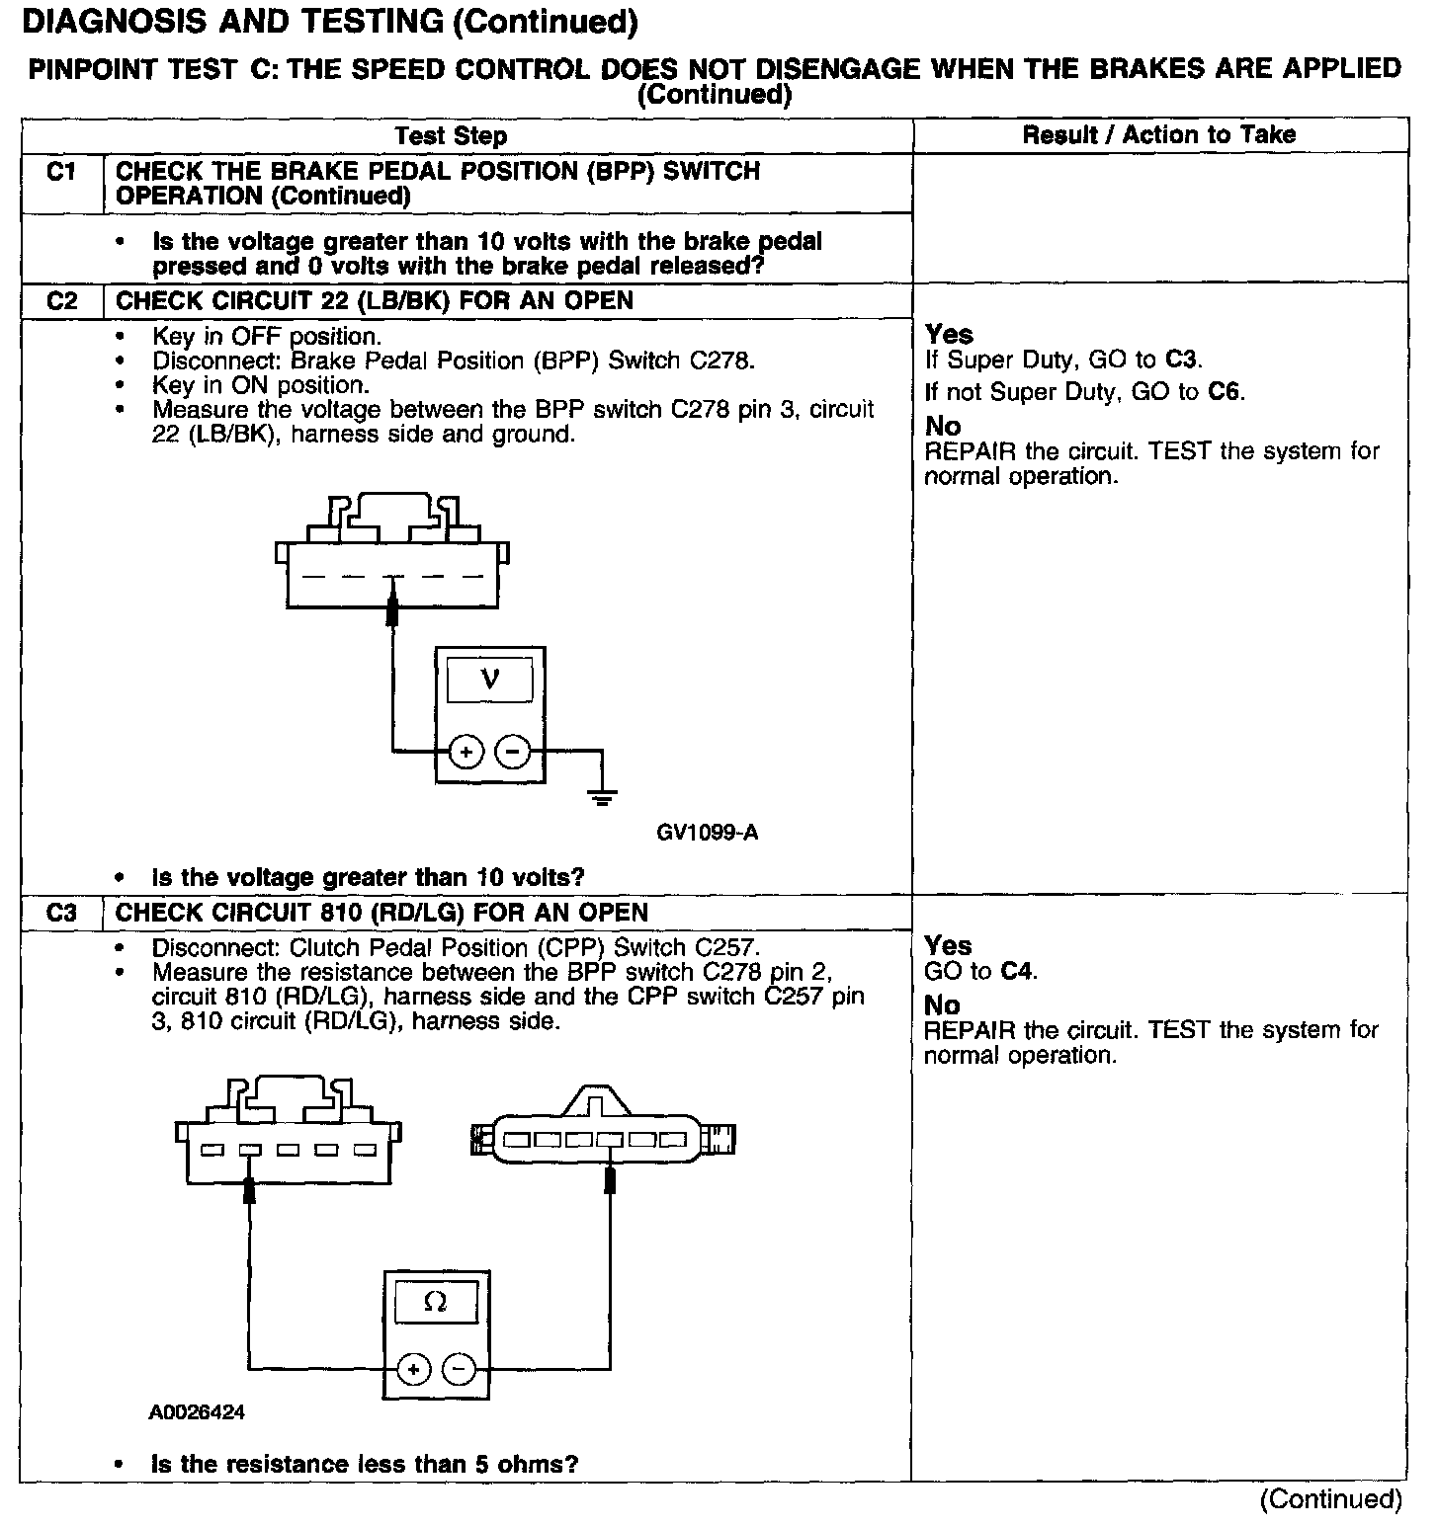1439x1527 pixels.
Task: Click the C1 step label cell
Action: [61, 173]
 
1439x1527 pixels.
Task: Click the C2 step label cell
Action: [61, 301]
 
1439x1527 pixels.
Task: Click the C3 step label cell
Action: [61, 913]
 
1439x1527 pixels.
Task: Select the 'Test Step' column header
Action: [451, 136]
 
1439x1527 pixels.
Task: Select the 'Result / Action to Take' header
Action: [1158, 135]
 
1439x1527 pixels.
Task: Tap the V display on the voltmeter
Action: [489, 680]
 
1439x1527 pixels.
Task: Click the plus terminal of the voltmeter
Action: [466, 753]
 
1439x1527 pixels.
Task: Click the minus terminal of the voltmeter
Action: [512, 753]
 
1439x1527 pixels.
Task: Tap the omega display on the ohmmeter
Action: [435, 1303]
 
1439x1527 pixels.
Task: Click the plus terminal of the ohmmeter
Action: [412, 1370]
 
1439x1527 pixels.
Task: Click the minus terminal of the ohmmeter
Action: [458, 1370]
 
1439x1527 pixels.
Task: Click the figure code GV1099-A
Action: [707, 833]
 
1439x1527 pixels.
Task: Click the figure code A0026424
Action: [197, 1412]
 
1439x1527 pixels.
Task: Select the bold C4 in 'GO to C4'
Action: [1018, 971]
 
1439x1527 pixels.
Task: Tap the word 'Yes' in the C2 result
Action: [949, 335]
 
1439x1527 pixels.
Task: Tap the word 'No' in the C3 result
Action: [942, 1005]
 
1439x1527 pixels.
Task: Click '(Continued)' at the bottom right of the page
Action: [1330, 1499]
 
